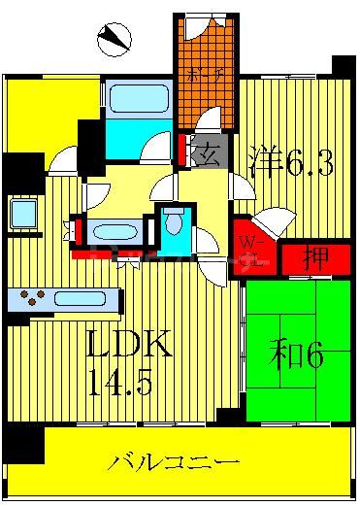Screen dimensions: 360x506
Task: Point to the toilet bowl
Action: tap(176, 222)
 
